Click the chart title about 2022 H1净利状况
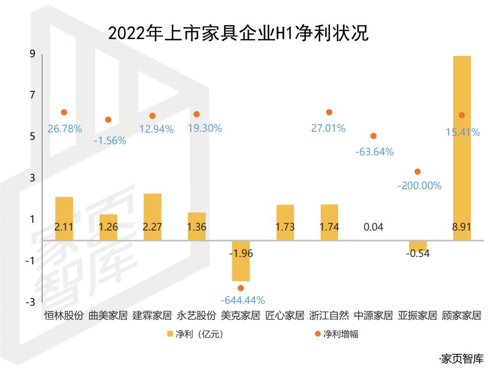pos(238,34)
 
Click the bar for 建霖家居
pos(152,217)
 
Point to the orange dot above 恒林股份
pos(64,112)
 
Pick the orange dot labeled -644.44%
pos(241,288)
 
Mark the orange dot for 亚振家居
pos(417,171)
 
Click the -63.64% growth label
pos(374,152)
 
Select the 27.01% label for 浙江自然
pos(328,128)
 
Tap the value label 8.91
pos(462,227)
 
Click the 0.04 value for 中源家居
pos(373,227)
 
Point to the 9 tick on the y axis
pos(32,54)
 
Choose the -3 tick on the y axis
pos(31,302)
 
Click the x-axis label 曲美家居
pos(108,315)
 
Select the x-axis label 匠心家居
pos(285,315)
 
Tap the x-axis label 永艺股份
pos(196,315)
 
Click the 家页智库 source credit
pos(461,359)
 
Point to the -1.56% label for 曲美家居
pos(110,141)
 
